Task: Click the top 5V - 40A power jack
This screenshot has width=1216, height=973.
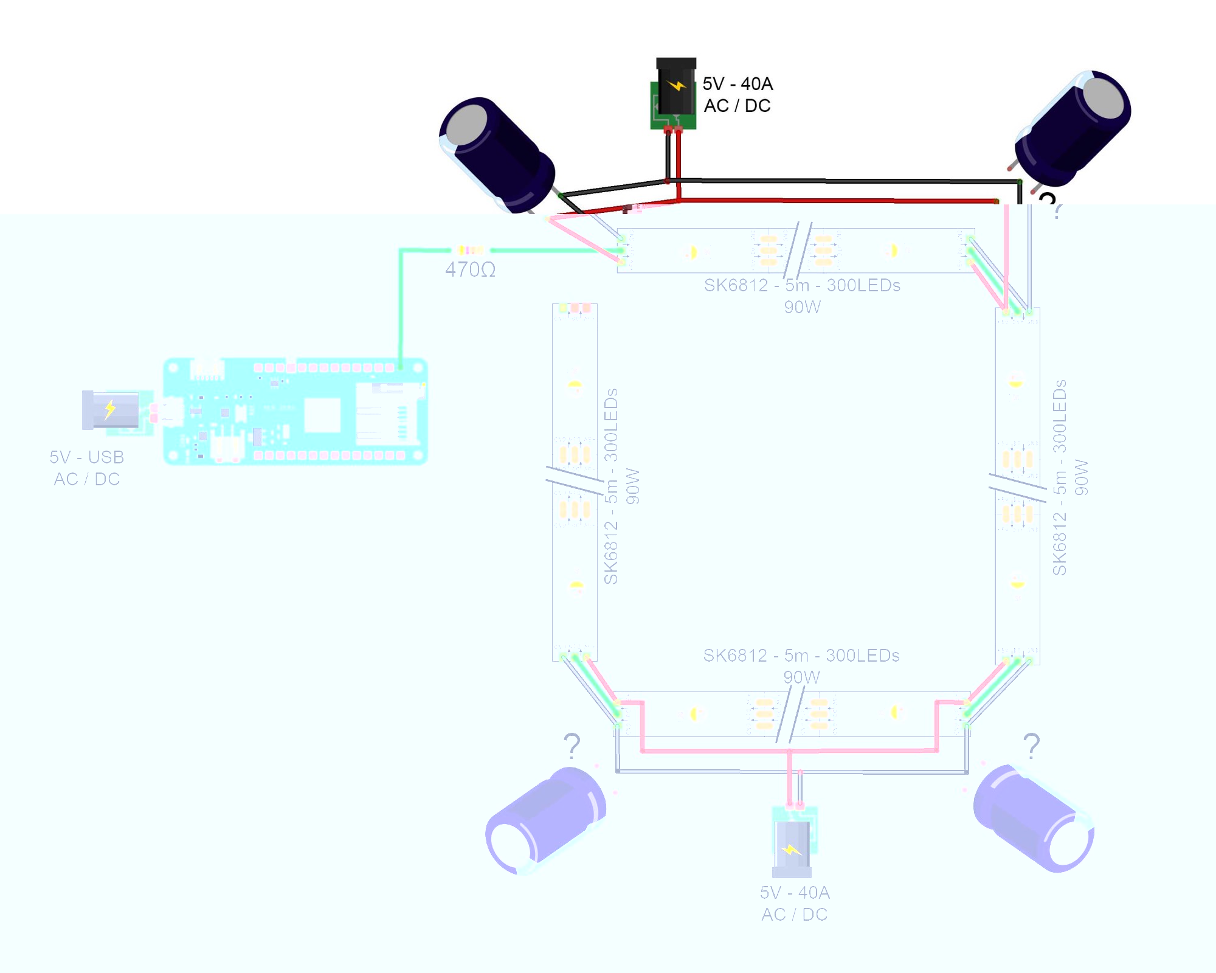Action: pyautogui.click(x=674, y=94)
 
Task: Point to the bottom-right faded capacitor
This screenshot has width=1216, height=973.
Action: pyautogui.click(x=1034, y=818)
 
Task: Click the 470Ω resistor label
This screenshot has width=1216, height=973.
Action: pyautogui.click(x=470, y=269)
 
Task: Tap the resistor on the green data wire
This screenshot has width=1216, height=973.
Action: pyautogui.click(x=471, y=250)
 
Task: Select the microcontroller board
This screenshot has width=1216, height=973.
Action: pyautogui.click(x=295, y=412)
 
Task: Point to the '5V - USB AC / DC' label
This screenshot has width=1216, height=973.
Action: pyautogui.click(x=87, y=468)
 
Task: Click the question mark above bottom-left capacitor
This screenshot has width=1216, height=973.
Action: pyautogui.click(x=572, y=746)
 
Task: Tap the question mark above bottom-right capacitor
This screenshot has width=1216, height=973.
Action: pyautogui.click(x=1031, y=746)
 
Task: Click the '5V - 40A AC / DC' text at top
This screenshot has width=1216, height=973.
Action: pyautogui.click(x=738, y=94)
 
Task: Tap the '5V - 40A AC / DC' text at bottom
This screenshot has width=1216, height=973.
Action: pyautogui.click(x=795, y=903)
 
